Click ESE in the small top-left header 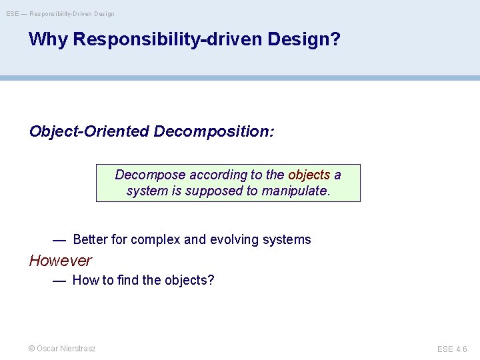coord(13,13)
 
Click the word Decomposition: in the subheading coord(213,131)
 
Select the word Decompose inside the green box coord(150,175)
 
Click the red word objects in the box coord(309,175)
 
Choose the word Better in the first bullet coord(90,239)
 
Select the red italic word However coord(60,261)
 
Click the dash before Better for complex coord(59,239)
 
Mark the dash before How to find coord(59,280)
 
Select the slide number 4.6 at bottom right coord(461,349)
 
